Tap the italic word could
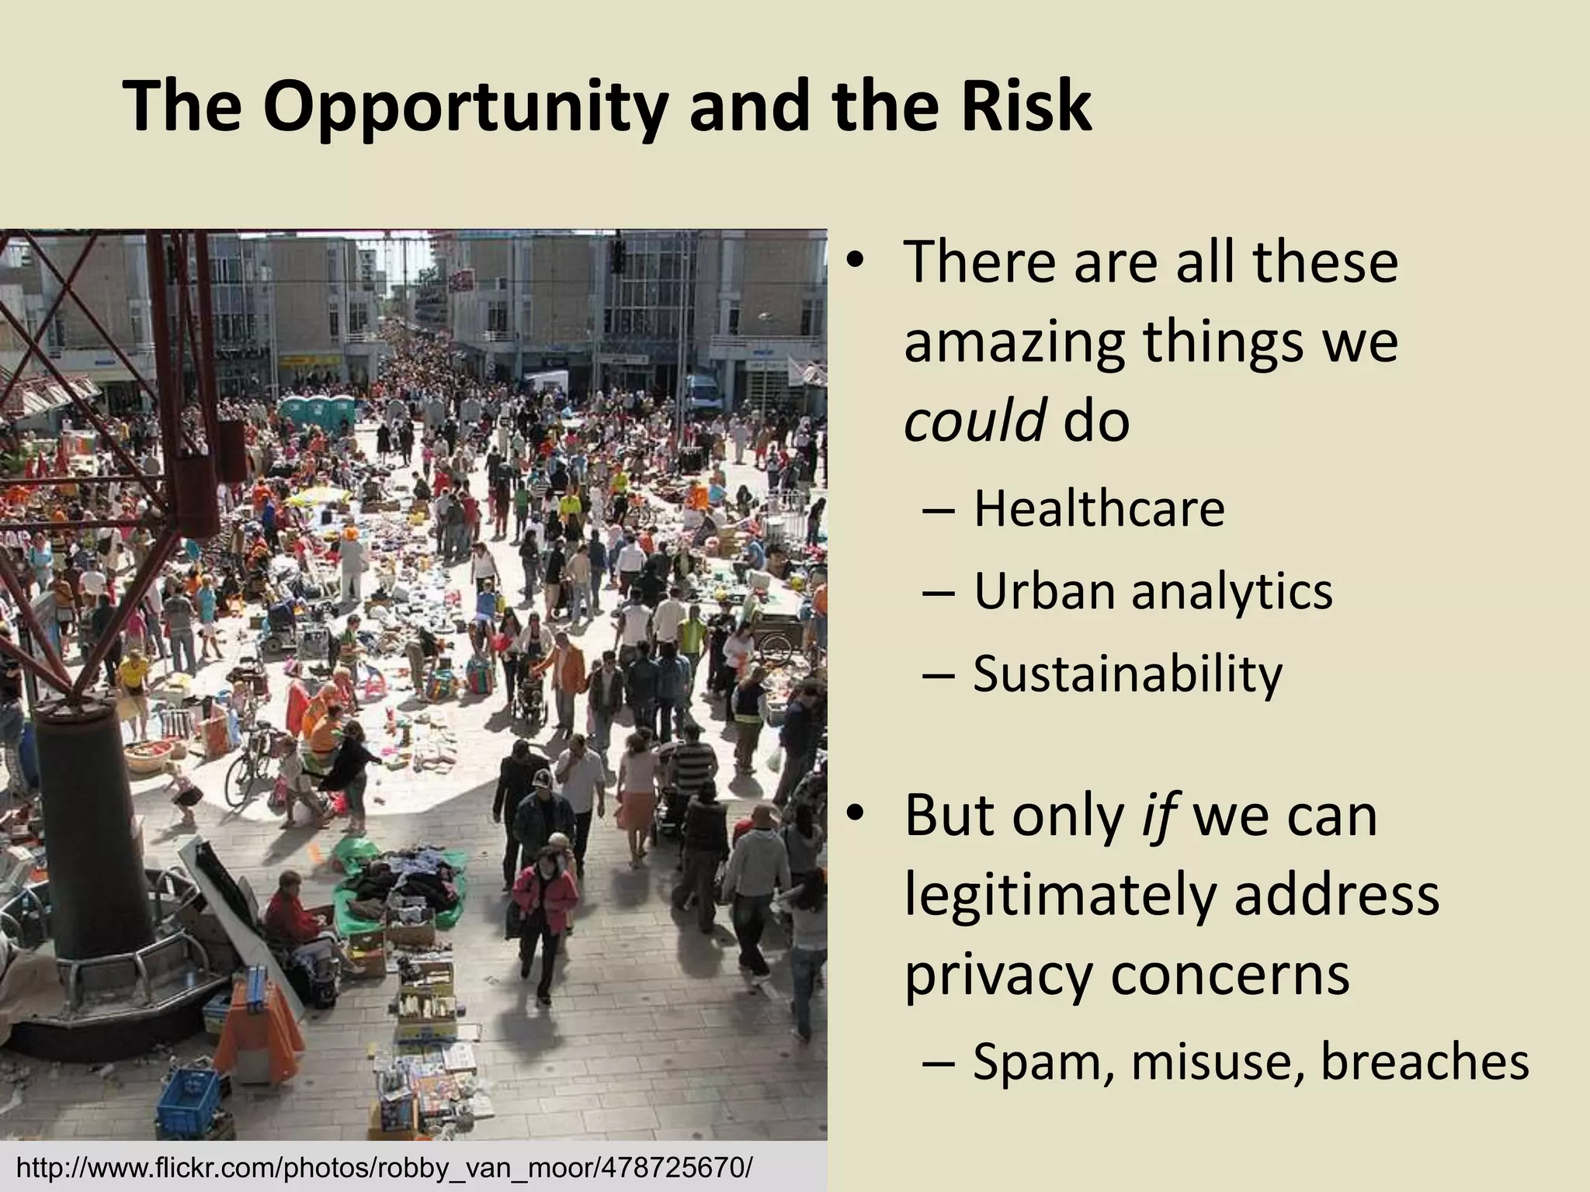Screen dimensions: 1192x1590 [x=974, y=421]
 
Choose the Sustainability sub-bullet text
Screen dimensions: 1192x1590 [x=1127, y=674]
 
